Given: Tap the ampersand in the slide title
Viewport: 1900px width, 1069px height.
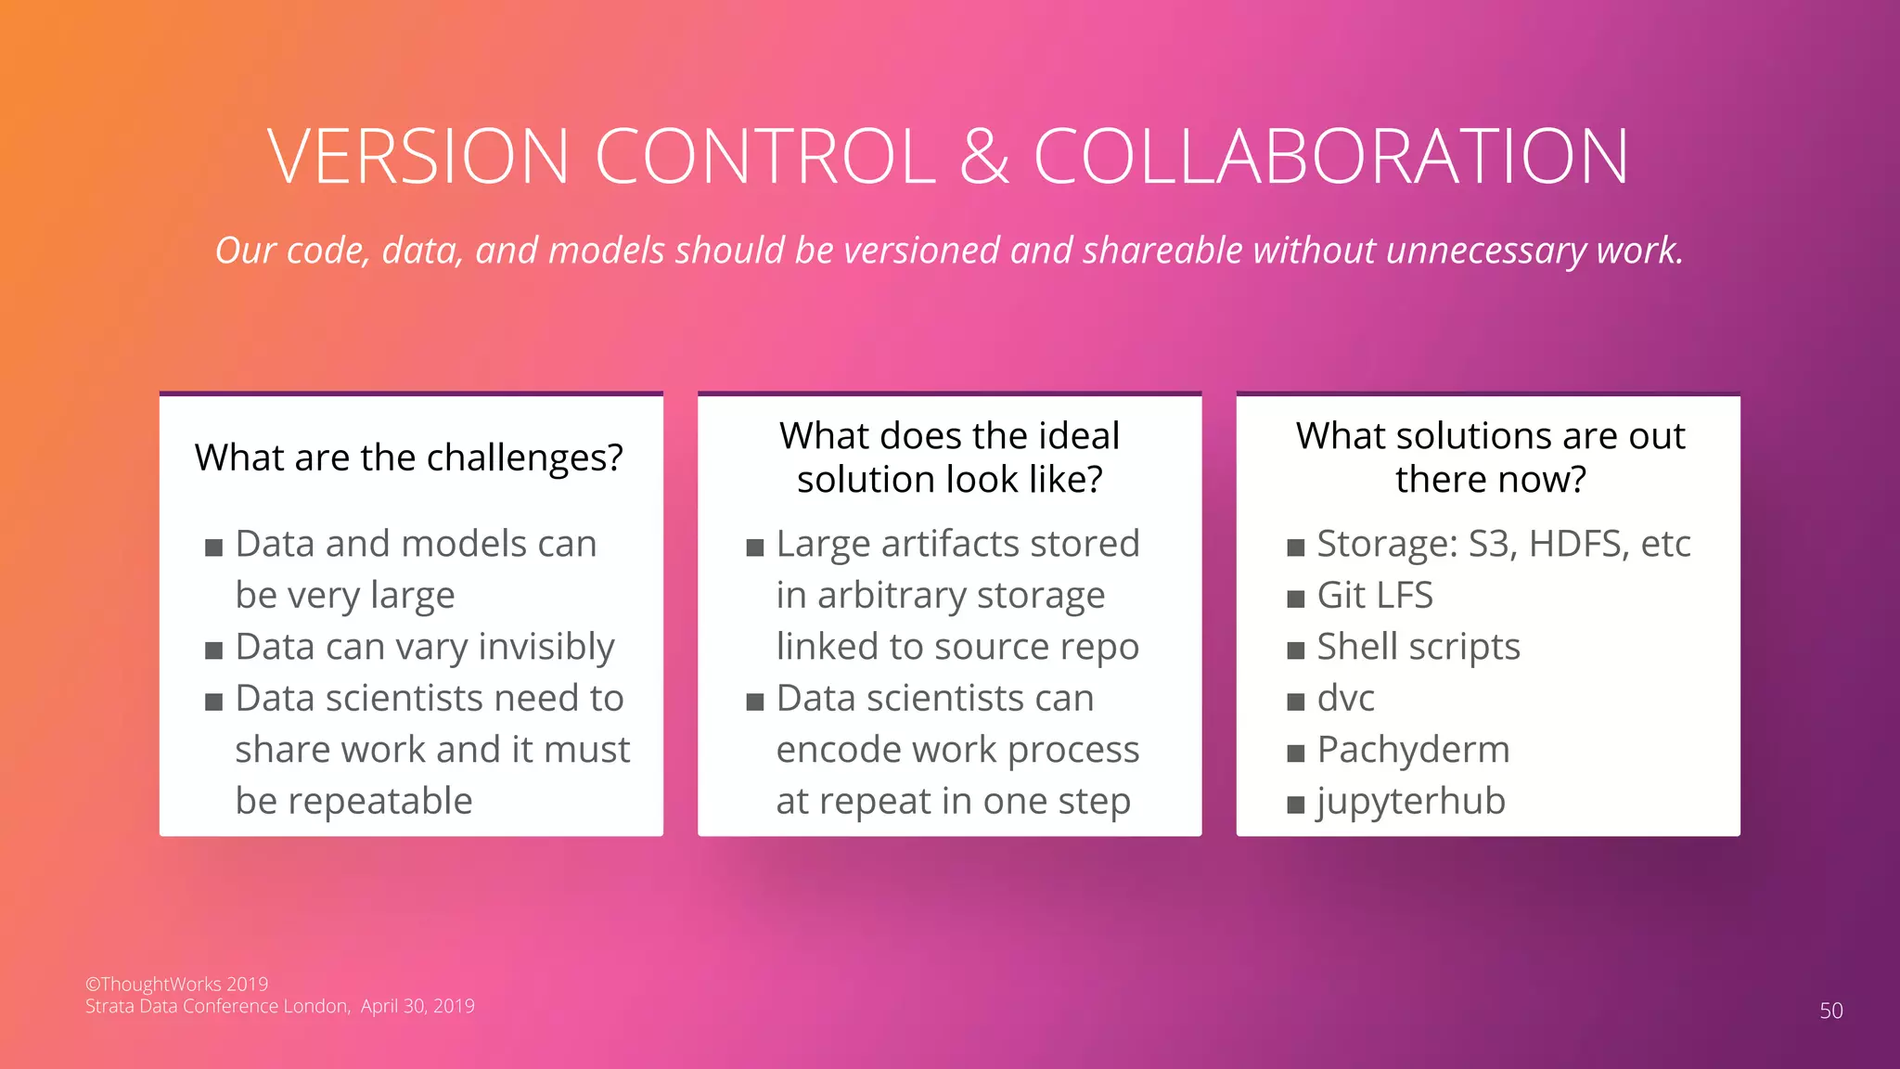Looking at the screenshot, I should (x=983, y=156).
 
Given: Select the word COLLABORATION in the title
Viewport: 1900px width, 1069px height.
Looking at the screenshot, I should (x=1330, y=156).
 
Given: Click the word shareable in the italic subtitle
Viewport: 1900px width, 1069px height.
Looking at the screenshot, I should (x=1162, y=251).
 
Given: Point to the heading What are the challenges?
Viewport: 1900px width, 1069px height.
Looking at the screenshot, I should (x=409, y=457).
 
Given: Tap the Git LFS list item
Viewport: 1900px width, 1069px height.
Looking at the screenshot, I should (x=1374, y=595).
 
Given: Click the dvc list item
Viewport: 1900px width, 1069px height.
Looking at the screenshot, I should (x=1345, y=698).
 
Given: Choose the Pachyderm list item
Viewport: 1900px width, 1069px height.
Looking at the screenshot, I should (x=1413, y=750).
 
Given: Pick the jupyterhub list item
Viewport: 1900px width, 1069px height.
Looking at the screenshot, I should (x=1410, y=801).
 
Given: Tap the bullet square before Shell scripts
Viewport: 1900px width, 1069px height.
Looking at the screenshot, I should (x=1296, y=650).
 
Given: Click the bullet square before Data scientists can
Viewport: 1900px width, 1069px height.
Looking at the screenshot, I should (x=755, y=702).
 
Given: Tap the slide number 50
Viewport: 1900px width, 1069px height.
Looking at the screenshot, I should (x=1830, y=1011).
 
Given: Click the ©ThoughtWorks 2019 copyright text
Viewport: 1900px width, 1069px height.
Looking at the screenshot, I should (x=176, y=984).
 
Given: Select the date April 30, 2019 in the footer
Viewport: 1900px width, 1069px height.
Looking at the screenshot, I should (x=417, y=1006).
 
